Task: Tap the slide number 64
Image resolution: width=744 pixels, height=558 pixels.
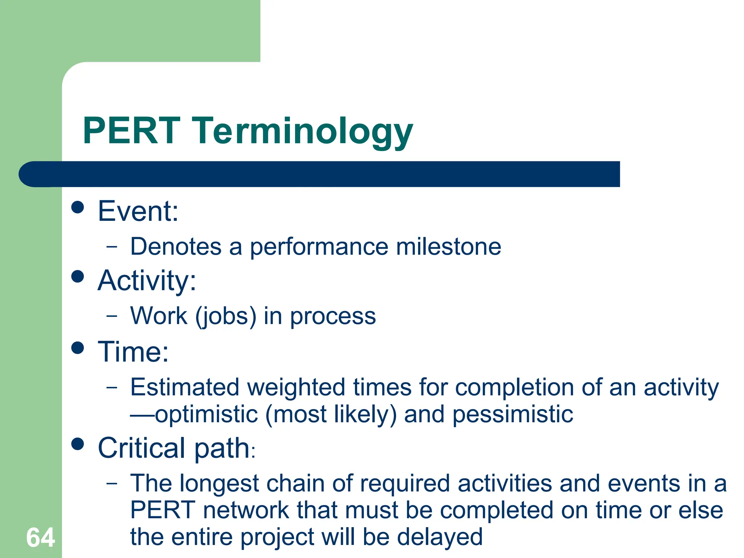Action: [40, 538]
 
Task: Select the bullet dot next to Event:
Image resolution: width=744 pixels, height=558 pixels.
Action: [78, 207]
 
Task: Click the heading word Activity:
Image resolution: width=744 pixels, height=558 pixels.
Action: [147, 281]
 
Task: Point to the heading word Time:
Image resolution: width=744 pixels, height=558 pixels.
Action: [133, 352]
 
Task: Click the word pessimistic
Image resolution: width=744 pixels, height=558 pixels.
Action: [513, 415]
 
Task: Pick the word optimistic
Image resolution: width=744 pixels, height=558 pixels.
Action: [206, 415]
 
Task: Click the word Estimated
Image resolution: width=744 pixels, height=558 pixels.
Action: [185, 387]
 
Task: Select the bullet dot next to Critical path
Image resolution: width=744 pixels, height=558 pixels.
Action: [78, 444]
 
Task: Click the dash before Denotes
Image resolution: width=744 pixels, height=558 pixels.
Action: [112, 247]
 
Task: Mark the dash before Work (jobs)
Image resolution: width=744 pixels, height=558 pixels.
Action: [112, 316]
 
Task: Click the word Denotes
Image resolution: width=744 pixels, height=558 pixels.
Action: [176, 247]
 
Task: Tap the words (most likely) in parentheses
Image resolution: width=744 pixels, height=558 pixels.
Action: [331, 415]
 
